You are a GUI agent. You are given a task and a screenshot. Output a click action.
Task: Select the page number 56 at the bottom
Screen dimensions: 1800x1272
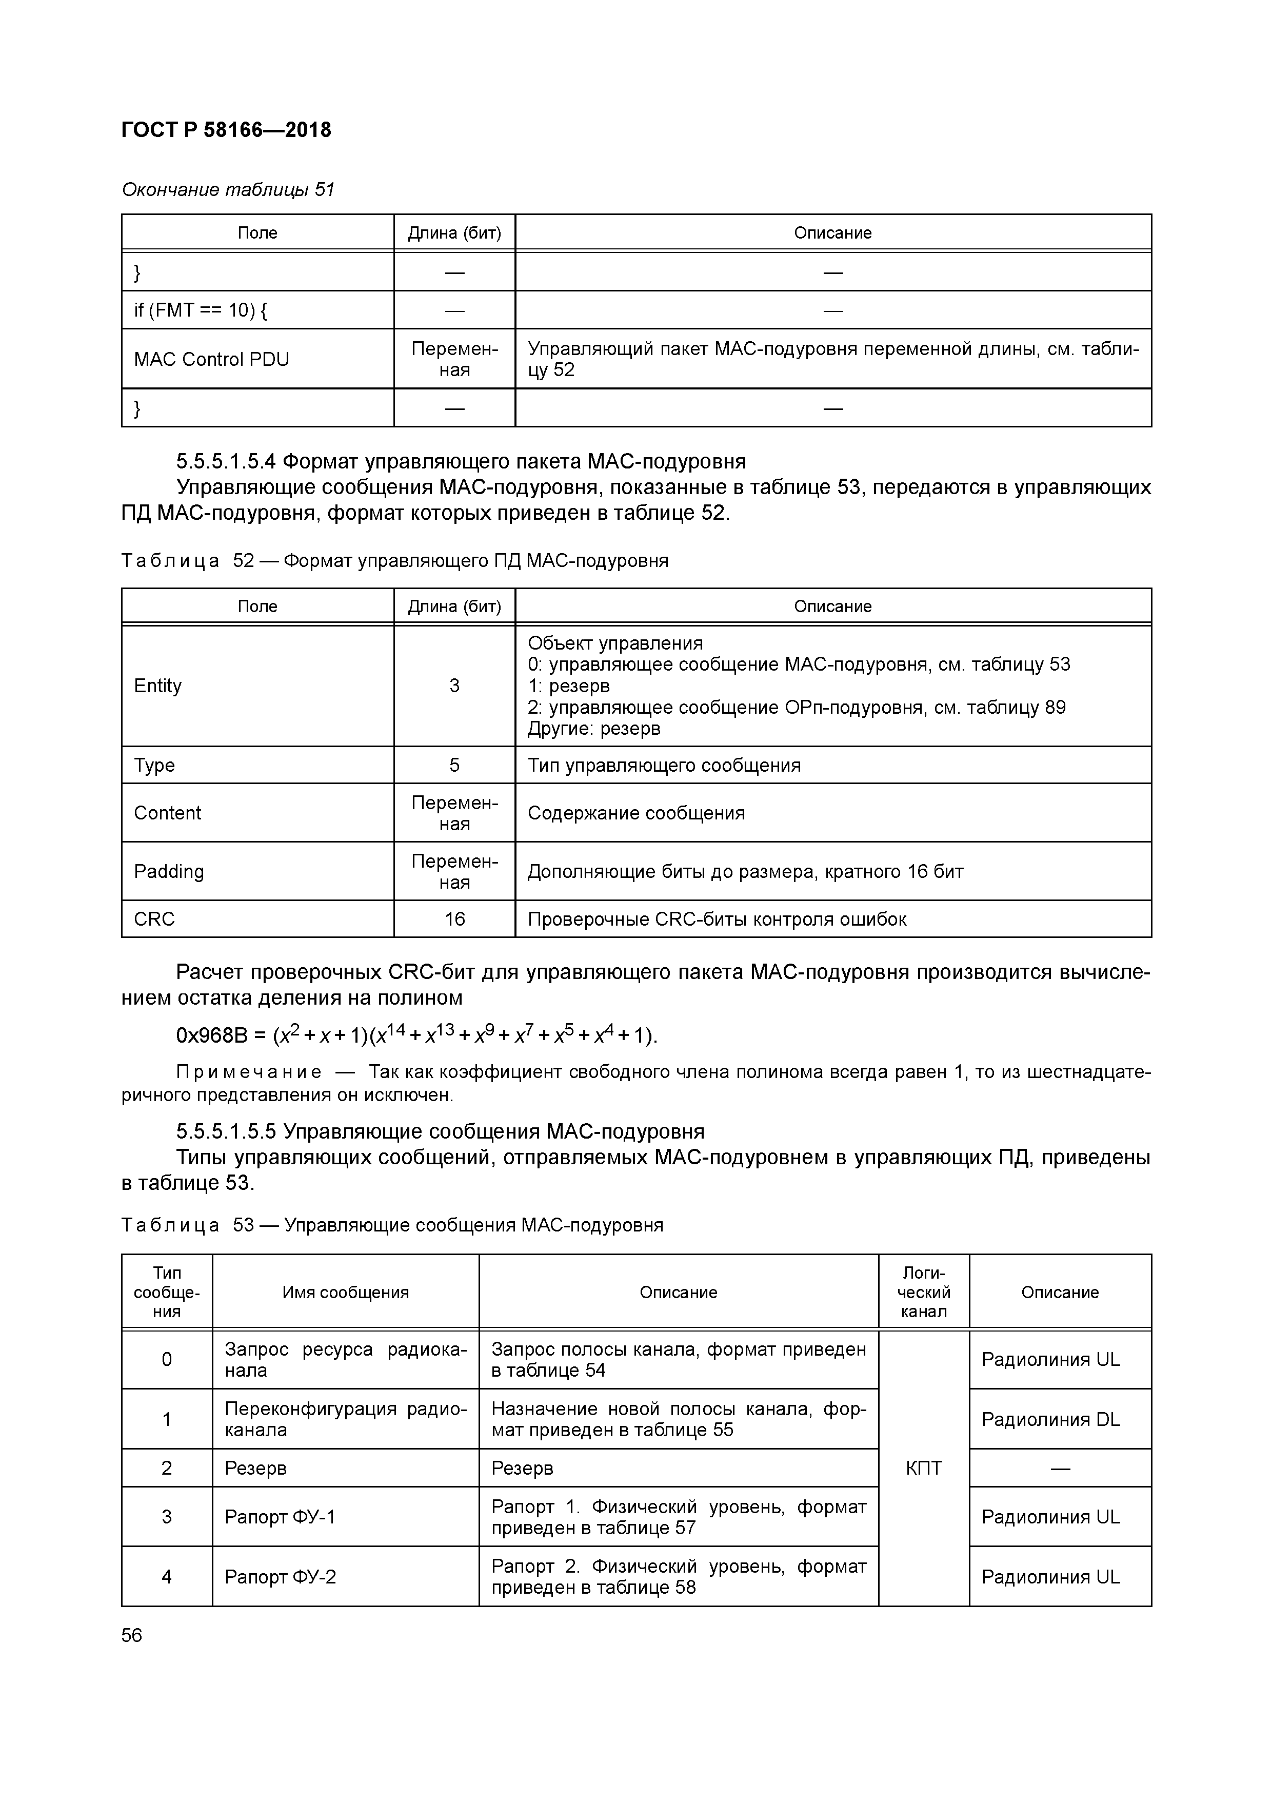coord(132,1635)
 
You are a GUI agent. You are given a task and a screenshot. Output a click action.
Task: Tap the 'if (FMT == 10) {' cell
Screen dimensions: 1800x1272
coord(200,310)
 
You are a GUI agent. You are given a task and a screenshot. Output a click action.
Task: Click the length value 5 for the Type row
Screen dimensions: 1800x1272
coord(454,765)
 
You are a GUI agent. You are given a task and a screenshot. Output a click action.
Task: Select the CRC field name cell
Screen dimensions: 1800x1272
coord(154,919)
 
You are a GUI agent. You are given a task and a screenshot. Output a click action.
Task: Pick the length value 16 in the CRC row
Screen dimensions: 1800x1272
coord(454,919)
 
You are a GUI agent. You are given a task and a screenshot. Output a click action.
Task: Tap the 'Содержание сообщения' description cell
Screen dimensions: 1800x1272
coord(635,813)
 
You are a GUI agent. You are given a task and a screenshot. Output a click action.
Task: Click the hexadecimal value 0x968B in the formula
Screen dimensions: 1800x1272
coord(211,1036)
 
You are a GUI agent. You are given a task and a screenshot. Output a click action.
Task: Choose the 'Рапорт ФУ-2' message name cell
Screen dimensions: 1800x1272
coord(280,1577)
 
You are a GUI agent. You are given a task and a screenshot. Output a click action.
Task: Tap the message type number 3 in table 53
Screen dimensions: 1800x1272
coord(166,1517)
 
